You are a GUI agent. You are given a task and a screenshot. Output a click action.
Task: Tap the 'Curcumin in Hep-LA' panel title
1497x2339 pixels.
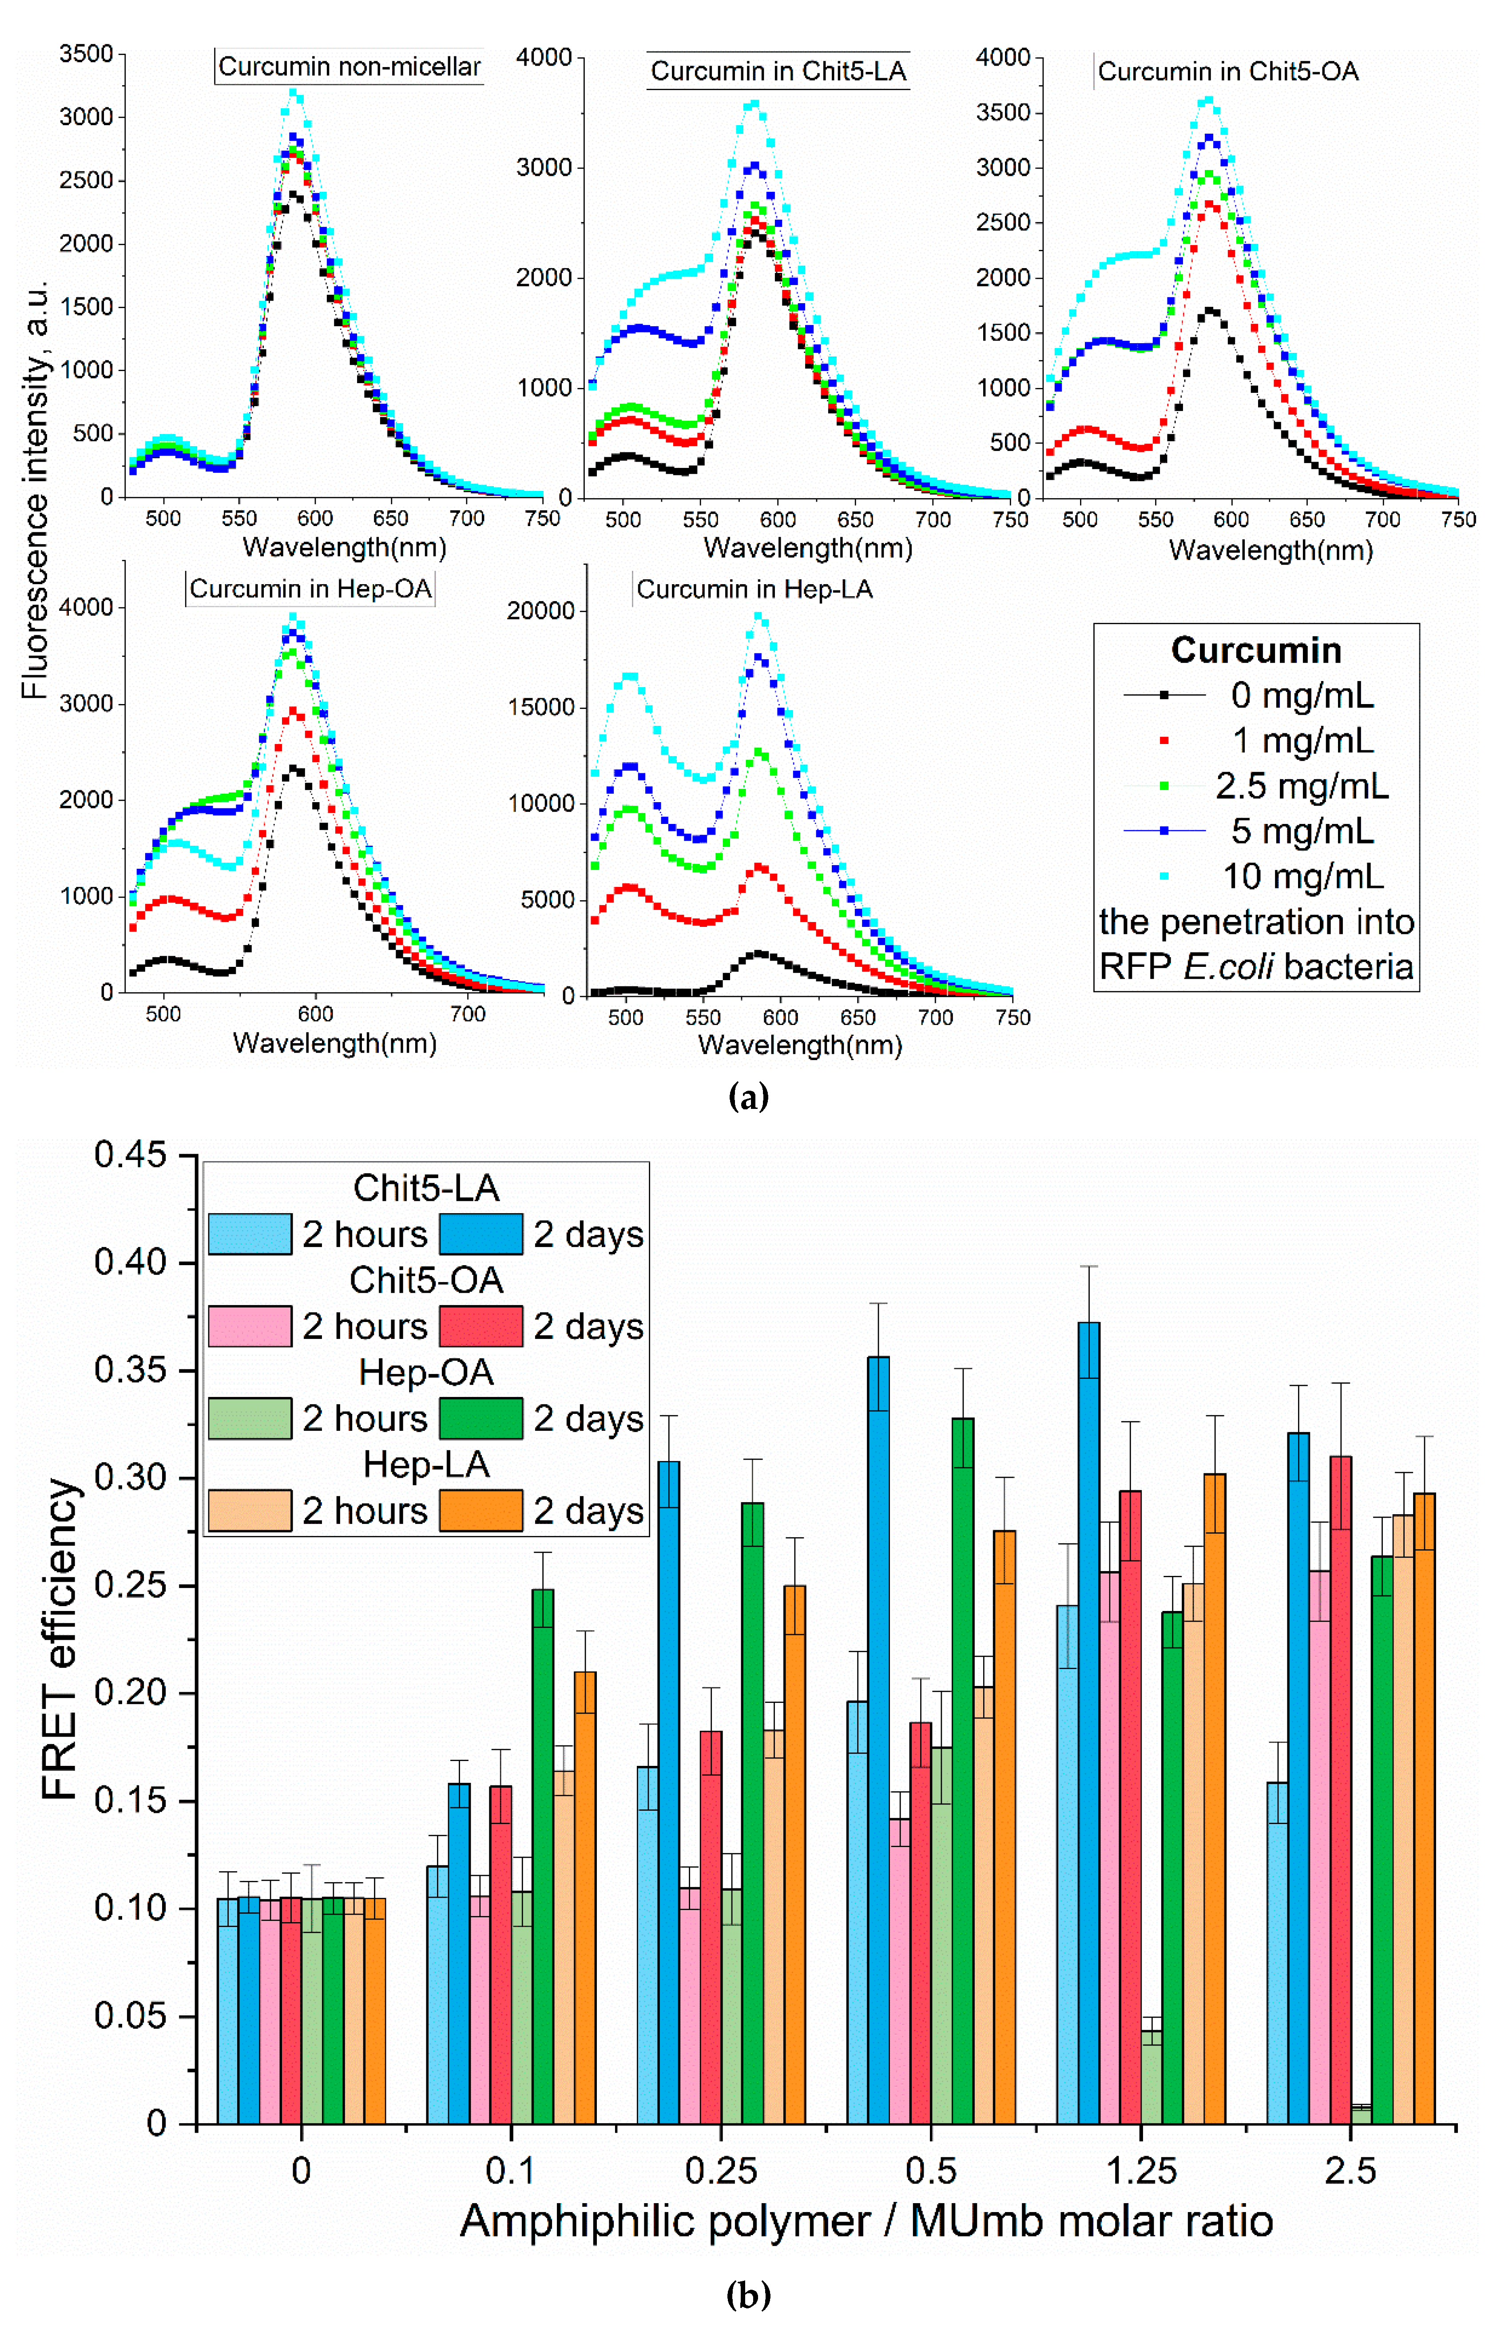(754, 589)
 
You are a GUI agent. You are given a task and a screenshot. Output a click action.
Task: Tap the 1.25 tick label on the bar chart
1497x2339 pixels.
(1141, 2170)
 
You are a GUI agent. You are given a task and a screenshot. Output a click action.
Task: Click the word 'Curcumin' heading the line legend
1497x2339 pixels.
(1256, 650)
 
